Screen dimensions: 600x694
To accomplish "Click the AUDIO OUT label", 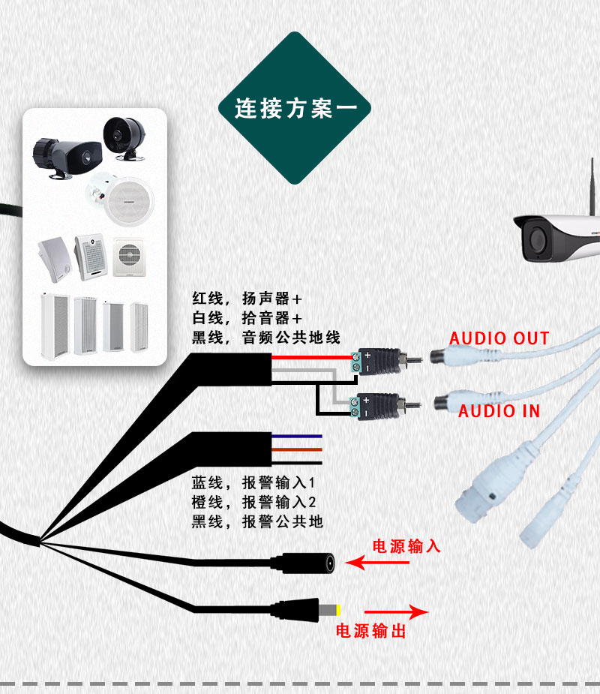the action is pyautogui.click(x=499, y=338).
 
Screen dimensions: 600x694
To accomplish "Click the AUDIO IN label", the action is pyautogui.click(x=499, y=411).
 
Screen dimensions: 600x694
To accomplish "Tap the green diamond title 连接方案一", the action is pyautogui.click(x=295, y=108).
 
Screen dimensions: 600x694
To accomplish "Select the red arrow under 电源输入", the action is pyautogui.click(x=377, y=563).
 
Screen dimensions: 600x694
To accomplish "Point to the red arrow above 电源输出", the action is pyautogui.click(x=396, y=612).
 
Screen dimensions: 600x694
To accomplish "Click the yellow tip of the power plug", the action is pyautogui.click(x=338, y=611).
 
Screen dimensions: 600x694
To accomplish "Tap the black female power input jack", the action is pyautogui.click(x=304, y=563).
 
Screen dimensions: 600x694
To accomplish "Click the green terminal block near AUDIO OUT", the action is pyautogui.click(x=355, y=363).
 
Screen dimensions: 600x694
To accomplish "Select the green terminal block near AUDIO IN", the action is pyautogui.click(x=355, y=407).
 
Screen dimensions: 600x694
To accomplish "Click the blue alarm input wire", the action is pyautogui.click(x=297, y=437).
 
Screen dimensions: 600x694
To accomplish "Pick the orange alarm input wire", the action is pyautogui.click(x=297, y=449).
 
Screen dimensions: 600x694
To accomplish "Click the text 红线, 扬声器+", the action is pyautogui.click(x=247, y=299).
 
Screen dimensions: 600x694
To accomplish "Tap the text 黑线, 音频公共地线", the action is pyautogui.click(x=266, y=338).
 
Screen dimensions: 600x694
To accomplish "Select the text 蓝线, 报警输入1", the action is pyautogui.click(x=253, y=482).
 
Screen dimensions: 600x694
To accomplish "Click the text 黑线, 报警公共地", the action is pyautogui.click(x=257, y=521).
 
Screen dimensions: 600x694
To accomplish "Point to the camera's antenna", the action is pyautogui.click(x=592, y=186).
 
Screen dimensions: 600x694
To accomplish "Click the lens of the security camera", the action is pyautogui.click(x=537, y=239).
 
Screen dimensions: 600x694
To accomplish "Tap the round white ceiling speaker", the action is pyautogui.click(x=129, y=201).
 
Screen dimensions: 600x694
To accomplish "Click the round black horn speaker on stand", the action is pyautogui.click(x=124, y=137).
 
